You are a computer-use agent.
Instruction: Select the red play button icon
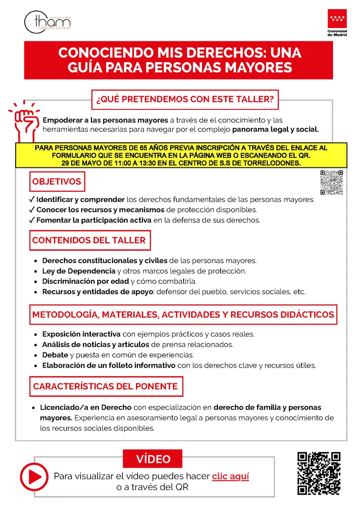tap(34, 476)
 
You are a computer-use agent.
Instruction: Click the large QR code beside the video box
tap(319, 473)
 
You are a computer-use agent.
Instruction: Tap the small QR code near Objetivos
tap(331, 182)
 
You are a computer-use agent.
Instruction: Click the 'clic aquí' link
tap(230, 476)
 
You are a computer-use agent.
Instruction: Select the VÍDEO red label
tap(153, 459)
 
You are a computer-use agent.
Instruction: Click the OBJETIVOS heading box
tap(57, 182)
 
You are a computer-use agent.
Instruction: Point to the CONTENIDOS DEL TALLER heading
tap(89, 240)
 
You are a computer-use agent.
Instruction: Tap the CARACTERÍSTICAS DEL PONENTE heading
tap(105, 386)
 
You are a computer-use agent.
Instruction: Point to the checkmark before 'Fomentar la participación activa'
tap(31, 221)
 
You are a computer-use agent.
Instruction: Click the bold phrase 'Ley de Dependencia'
tap(79, 271)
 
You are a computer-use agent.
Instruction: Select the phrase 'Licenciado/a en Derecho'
tap(86, 407)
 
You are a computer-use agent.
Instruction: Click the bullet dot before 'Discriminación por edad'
tap(36, 282)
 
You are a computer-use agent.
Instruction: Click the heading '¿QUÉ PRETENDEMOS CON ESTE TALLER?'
tap(184, 99)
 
